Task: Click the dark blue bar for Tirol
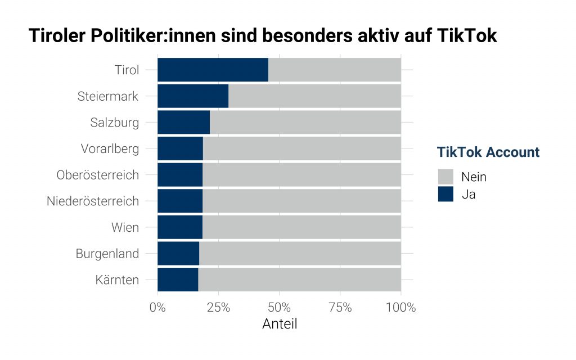point(213,70)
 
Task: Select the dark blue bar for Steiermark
point(193,96)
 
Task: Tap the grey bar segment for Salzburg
point(305,122)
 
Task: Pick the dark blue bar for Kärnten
point(178,280)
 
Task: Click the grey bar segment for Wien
point(301,227)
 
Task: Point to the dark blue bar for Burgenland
point(178,254)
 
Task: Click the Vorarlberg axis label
point(109,149)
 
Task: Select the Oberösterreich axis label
point(97,175)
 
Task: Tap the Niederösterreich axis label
point(93,201)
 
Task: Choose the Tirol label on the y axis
point(127,70)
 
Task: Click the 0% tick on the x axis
point(157,308)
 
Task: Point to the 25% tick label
point(218,308)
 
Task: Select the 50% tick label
point(279,308)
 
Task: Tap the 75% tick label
point(340,308)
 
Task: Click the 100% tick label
point(400,308)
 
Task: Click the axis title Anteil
point(280,325)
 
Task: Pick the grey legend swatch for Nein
point(445,177)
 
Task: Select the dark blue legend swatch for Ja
point(445,195)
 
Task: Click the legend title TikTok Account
point(488,152)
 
